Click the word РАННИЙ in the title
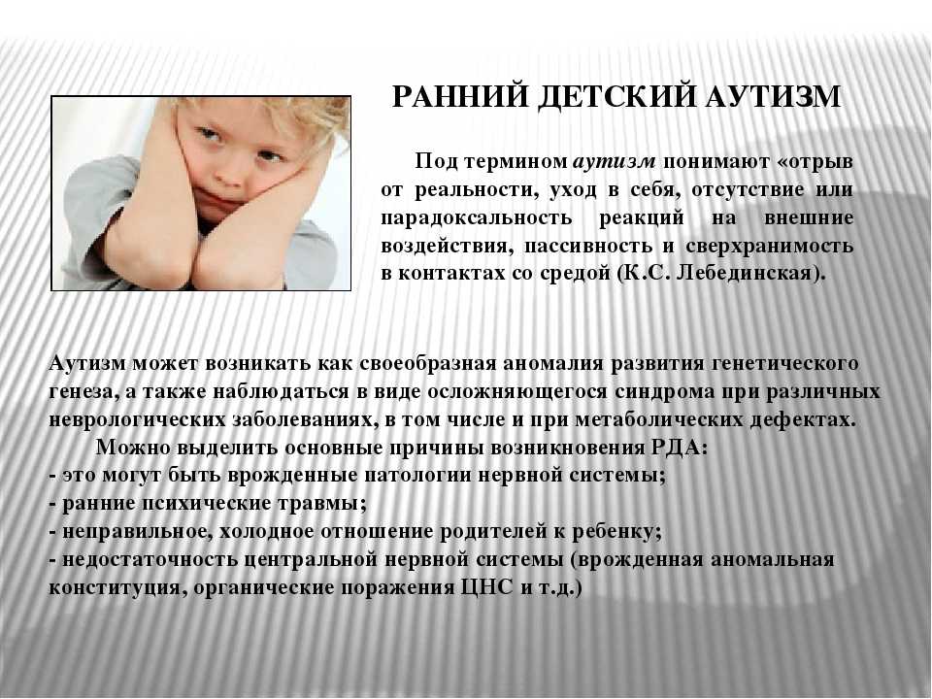click(459, 96)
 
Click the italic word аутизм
click(615, 161)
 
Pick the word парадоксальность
click(476, 217)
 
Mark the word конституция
click(115, 587)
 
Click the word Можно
click(131, 447)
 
